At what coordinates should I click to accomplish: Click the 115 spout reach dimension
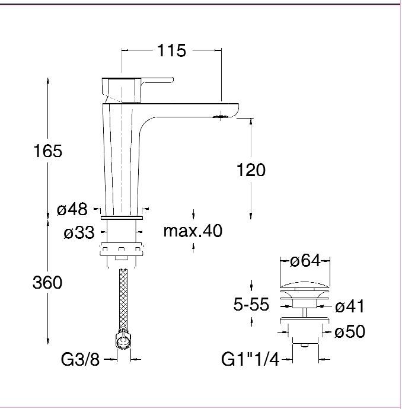point(172,50)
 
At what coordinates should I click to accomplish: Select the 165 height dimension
point(48,151)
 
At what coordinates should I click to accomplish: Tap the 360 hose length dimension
point(47,282)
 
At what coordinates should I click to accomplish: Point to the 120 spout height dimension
point(251,170)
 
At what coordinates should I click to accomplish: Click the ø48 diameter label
point(72,209)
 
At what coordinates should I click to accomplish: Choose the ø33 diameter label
point(79,232)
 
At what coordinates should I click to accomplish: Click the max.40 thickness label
point(193,231)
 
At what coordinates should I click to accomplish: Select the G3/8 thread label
point(81,359)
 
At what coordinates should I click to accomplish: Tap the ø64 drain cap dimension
point(305,261)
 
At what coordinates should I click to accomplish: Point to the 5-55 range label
point(251,304)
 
